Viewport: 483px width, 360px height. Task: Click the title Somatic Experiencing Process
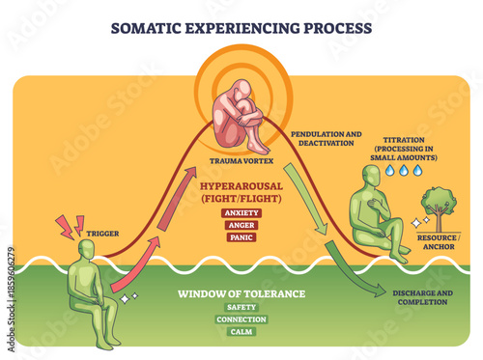[241, 27]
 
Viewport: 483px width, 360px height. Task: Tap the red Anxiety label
[241, 212]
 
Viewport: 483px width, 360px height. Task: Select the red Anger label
[241, 224]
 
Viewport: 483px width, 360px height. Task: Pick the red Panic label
[241, 235]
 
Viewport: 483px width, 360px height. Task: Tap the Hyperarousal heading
[241, 190]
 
